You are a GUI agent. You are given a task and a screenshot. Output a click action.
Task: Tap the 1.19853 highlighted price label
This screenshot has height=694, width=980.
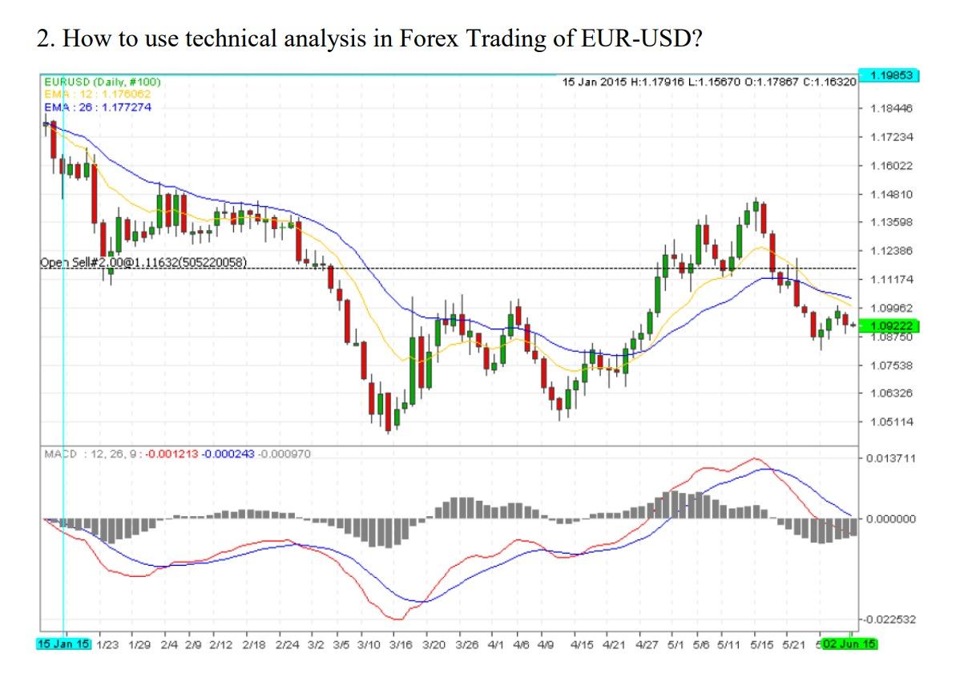click(x=889, y=76)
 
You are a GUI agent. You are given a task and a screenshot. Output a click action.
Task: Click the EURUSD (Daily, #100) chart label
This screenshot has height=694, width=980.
click(x=102, y=82)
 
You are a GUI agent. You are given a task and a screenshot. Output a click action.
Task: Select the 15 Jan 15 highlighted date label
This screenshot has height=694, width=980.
click(x=64, y=644)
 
